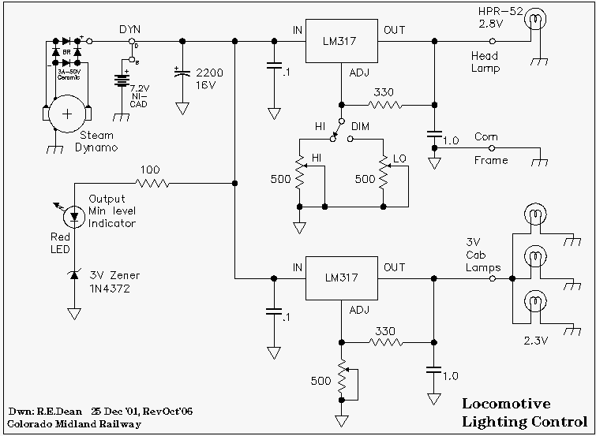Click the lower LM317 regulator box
coord(341,278)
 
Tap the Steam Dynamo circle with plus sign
coord(67,113)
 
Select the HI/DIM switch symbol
coord(338,129)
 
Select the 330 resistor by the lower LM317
coord(384,342)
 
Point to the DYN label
coord(129,29)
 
